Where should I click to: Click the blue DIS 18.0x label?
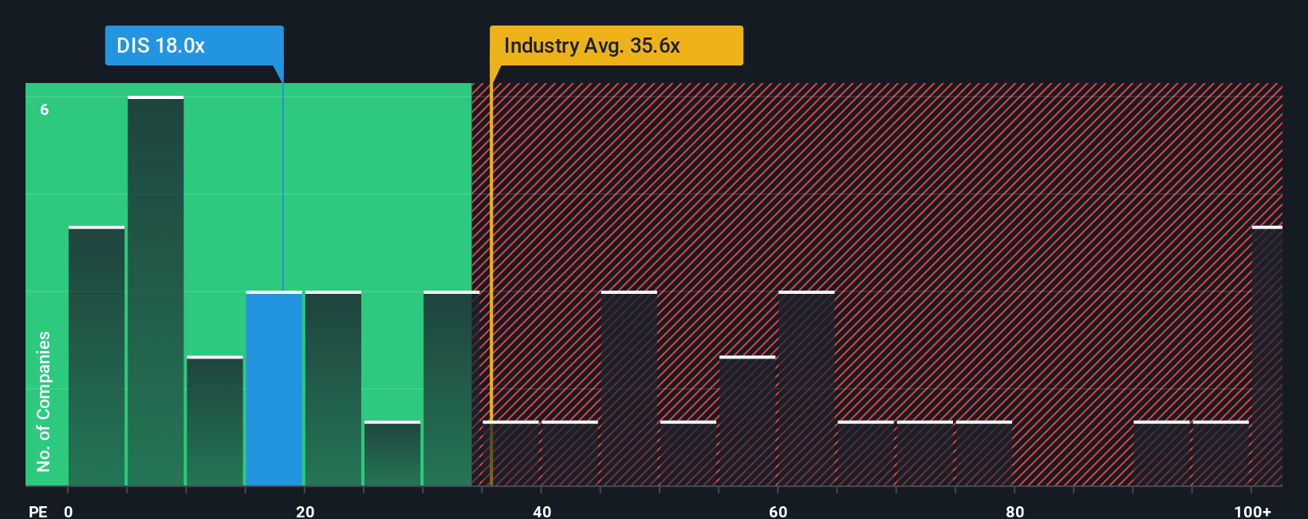click(194, 46)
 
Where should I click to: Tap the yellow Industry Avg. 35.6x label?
click(616, 46)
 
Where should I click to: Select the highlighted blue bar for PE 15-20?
click(274, 389)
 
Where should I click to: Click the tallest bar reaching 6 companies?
click(156, 291)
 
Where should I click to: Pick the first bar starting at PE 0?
click(97, 356)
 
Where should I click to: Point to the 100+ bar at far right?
click(1267, 356)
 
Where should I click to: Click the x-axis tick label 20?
click(305, 511)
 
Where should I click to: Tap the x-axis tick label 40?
click(542, 511)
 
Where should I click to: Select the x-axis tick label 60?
click(778, 511)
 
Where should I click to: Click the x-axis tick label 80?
click(1014, 511)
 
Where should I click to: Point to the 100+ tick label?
click(1252, 511)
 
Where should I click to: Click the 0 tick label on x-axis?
click(69, 511)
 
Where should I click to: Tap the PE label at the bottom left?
click(37, 511)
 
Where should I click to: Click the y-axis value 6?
click(45, 109)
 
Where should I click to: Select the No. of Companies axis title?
click(44, 401)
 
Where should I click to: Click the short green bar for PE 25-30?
click(392, 454)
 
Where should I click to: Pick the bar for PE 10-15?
click(215, 421)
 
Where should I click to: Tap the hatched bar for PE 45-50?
click(629, 389)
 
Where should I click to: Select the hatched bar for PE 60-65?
click(806, 389)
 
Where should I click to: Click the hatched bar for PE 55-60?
click(747, 421)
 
